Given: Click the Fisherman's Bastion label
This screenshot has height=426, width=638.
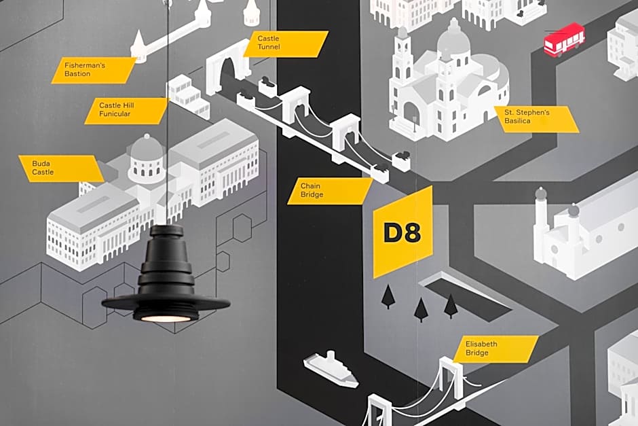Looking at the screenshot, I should point(94,70).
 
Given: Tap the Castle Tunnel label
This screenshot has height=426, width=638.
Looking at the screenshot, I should point(288,43).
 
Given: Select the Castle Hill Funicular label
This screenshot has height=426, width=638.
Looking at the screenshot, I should point(126,111).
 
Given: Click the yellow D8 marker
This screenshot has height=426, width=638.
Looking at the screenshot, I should point(402,232).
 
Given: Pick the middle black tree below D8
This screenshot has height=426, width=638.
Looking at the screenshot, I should point(421,309).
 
